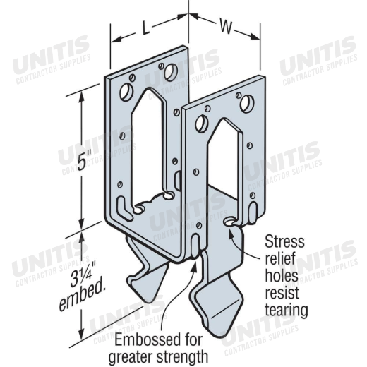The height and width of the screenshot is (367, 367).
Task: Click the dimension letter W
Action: pyautogui.click(x=226, y=27)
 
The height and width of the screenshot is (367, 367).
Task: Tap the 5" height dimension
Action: pyautogui.click(x=85, y=160)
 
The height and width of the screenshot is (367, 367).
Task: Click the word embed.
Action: pyautogui.click(x=83, y=297)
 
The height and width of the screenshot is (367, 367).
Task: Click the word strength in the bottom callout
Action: pyautogui.click(x=182, y=357)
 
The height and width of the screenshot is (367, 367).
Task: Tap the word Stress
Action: pyautogui.click(x=284, y=241)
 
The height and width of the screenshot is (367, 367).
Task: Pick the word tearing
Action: pyautogui.click(x=287, y=311)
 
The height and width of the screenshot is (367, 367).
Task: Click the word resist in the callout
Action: pyautogui.click(x=282, y=292)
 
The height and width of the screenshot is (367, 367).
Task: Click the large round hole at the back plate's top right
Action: pyautogui.click(x=171, y=72)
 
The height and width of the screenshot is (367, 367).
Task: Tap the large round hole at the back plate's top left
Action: pyautogui.click(x=126, y=92)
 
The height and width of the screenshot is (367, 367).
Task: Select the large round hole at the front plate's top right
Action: pyautogui.click(x=247, y=104)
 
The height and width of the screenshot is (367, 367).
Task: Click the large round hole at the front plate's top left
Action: pyautogui.click(x=202, y=123)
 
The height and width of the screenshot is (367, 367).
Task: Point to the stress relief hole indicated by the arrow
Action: pyautogui.click(x=229, y=222)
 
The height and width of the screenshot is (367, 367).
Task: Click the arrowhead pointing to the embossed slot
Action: pyautogui.click(x=194, y=265)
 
